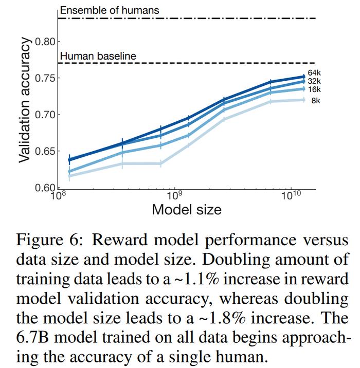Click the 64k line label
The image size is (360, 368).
click(x=314, y=73)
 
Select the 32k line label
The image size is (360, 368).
click(x=314, y=81)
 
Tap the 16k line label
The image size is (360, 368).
click(x=314, y=89)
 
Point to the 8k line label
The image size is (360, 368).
click(x=316, y=101)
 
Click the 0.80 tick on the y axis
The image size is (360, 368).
click(x=45, y=42)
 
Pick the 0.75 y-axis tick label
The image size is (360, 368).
click(x=45, y=78)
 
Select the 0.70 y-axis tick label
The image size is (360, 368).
click(x=45, y=115)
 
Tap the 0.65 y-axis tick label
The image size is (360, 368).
click(x=45, y=151)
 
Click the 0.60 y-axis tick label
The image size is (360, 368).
click(x=45, y=188)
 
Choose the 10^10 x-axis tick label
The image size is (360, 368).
click(x=291, y=195)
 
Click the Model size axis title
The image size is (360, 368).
click(x=187, y=209)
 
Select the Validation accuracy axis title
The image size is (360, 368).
click(x=24, y=100)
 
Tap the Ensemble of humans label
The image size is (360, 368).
click(x=110, y=10)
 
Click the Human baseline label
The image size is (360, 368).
click(x=98, y=56)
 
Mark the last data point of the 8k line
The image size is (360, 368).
click(x=304, y=100)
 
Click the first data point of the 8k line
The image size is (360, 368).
click(x=69, y=176)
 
